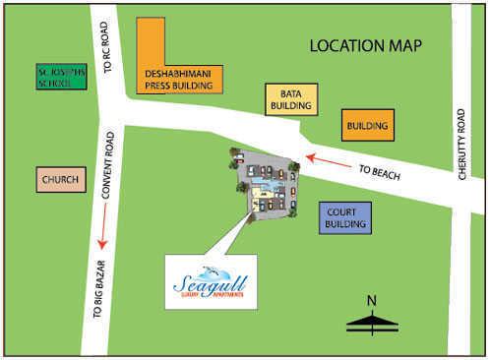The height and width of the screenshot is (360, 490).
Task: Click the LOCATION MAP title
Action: pyautogui.click(x=365, y=45)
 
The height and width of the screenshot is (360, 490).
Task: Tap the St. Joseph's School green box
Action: pyautogui.click(x=62, y=77)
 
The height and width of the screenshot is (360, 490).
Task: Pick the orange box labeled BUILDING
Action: pyautogui.click(x=368, y=126)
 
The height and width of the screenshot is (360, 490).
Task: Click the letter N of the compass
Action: pyautogui.click(x=371, y=300)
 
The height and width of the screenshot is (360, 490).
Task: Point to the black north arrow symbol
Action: pyautogui.click(x=371, y=319)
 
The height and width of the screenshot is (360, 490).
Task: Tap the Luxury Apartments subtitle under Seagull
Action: pyautogui.click(x=210, y=297)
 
